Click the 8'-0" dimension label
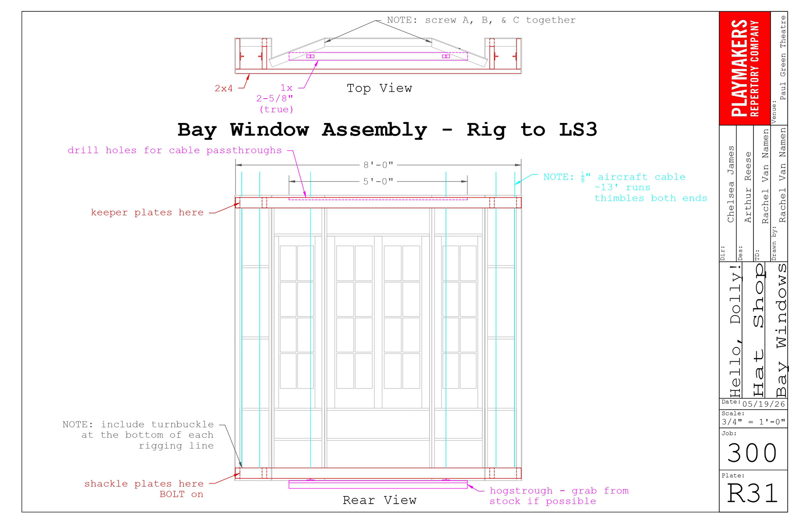tap(378, 165)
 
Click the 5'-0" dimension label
tap(378, 181)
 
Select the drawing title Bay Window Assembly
tap(302, 130)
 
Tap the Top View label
tap(379, 88)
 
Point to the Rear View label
tap(379, 500)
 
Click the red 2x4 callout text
tap(224, 88)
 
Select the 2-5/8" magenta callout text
tap(275, 99)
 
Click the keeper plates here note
tap(147, 212)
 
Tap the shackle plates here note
tap(144, 488)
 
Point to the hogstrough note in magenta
tap(559, 496)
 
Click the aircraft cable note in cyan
tap(625, 187)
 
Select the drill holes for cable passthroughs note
tap(175, 150)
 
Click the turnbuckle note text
tap(138, 435)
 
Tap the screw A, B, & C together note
tap(481, 20)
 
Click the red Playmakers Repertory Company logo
tap(745, 68)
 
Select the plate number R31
tap(753, 493)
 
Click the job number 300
tap(753, 453)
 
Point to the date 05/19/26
tap(764, 404)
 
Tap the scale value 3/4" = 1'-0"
tap(753, 422)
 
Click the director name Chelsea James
tap(731, 184)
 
